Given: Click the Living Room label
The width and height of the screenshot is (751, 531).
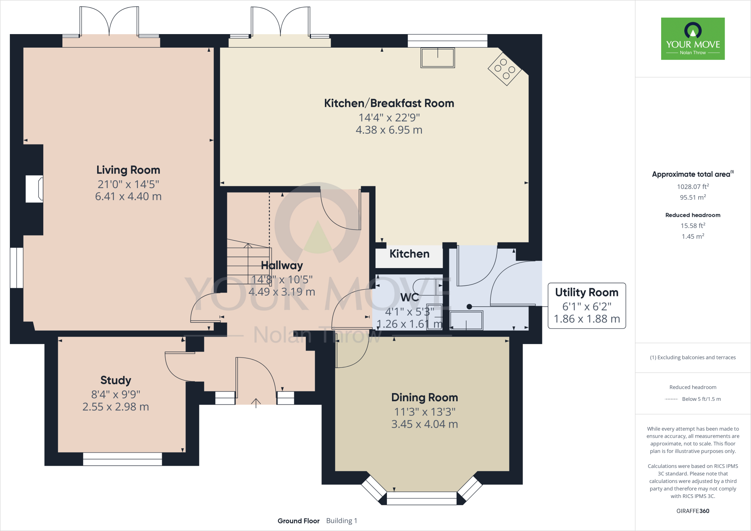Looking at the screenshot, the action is tap(128, 170).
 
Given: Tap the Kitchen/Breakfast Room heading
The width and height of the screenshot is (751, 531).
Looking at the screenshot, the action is tap(389, 103).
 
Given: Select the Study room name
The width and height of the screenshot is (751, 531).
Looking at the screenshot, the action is tap(116, 380).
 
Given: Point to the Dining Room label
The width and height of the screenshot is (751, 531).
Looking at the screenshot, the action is tap(425, 398).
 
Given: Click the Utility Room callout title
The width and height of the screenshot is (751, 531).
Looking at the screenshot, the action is tap(587, 292).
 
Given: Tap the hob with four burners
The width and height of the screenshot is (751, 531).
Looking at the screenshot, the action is tap(505, 69).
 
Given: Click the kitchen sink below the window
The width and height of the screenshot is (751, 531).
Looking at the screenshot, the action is tap(438, 58).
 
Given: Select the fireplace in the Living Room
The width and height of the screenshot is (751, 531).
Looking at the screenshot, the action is tap(34, 189).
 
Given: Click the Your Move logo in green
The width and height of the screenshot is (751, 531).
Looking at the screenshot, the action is tap(693, 39).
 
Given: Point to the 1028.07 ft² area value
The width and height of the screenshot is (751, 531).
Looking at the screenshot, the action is tap(693, 186).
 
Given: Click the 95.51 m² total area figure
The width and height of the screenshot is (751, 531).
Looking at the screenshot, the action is tap(693, 197).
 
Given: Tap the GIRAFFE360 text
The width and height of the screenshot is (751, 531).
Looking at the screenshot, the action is tap(693, 511).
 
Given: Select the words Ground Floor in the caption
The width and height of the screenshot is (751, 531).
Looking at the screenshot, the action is tap(298, 521).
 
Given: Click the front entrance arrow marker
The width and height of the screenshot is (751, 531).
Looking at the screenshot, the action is tap(256, 403).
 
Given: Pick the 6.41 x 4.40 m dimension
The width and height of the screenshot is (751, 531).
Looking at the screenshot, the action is tap(128, 197).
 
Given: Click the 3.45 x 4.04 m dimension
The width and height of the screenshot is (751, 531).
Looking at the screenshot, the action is tap(425, 424).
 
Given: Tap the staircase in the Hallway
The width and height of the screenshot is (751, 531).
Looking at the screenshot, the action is tap(249, 261).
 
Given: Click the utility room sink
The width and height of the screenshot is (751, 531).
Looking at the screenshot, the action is tap(466, 321).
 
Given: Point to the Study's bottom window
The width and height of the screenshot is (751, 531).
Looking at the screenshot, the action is tap(122, 459).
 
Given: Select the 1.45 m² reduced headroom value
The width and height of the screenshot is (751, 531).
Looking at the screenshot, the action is tap(693, 237).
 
